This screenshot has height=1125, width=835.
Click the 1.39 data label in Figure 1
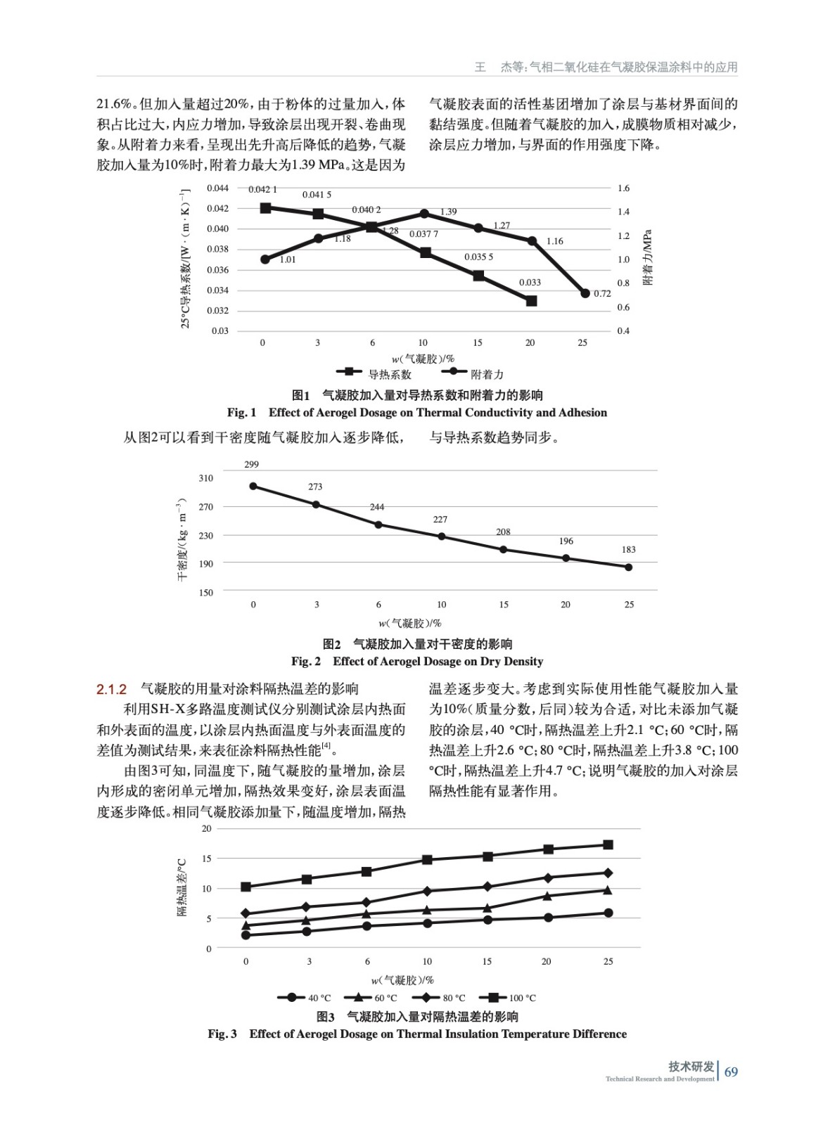click(x=448, y=211)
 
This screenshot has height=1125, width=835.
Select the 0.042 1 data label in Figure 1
click(x=262, y=189)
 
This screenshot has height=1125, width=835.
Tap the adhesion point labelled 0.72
click(x=585, y=293)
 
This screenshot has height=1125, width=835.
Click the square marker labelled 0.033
click(x=531, y=301)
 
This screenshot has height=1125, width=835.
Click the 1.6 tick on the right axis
click(x=623, y=188)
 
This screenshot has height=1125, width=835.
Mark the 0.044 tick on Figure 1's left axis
click(x=217, y=188)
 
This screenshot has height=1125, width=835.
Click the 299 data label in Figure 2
click(x=251, y=464)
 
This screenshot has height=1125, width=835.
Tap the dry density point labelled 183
click(x=628, y=567)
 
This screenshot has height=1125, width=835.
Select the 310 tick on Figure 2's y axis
click(x=205, y=478)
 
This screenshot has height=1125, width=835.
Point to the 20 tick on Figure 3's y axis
click(x=206, y=828)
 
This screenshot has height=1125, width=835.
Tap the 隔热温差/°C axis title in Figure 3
click(x=181, y=887)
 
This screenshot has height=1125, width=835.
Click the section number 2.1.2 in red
click(x=111, y=689)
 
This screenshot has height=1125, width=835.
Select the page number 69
click(x=731, y=1072)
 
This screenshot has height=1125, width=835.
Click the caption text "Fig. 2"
click(x=306, y=661)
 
